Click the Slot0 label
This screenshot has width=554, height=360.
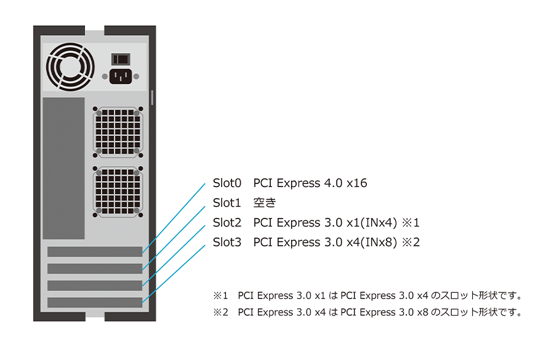pos(227,183)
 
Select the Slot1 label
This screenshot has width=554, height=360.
pos(227,203)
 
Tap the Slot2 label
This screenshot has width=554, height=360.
pos(227,223)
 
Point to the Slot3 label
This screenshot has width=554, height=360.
pos(227,242)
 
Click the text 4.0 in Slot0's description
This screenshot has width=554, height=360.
pos(333,183)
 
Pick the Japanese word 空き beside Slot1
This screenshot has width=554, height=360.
pos(265,203)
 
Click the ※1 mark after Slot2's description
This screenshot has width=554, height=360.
pos(411,223)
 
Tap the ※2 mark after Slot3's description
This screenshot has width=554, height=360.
pos(411,242)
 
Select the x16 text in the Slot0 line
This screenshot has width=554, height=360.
pos(356,183)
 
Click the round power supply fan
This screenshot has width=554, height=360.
pos(70,67)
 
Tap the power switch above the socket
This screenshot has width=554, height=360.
pos(121,59)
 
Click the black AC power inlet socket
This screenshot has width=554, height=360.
pos(121,76)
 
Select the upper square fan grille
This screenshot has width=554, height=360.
pos(118,132)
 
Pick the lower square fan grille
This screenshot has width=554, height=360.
pos(118,192)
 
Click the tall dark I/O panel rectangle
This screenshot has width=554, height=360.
pos(63,168)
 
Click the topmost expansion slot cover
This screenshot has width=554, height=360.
pos(95,252)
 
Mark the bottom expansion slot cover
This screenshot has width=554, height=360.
pos(95,302)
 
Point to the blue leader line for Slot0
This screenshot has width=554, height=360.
pos(174,218)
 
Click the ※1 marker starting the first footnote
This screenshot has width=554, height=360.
pos(220,295)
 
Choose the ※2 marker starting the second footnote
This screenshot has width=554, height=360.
pos(220,312)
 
